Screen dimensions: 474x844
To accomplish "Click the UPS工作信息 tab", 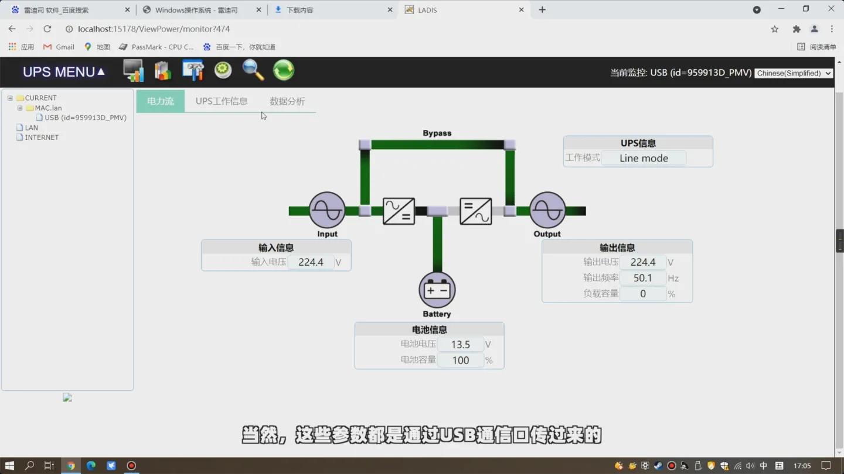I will [222, 101].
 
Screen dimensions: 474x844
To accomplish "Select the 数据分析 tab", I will [287, 101].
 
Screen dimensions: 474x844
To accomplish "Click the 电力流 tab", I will [160, 101].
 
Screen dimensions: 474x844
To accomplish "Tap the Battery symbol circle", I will [437, 290].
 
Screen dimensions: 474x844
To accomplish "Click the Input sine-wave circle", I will [327, 210].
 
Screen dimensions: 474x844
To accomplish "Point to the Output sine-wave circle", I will [547, 210].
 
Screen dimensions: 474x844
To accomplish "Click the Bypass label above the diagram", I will [437, 133].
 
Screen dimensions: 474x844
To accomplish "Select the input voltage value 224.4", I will [311, 262].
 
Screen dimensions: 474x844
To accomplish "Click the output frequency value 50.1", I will [642, 278].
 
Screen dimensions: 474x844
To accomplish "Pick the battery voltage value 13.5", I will [460, 345].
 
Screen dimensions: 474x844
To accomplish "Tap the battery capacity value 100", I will [460, 360].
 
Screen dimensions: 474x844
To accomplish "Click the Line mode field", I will [644, 158].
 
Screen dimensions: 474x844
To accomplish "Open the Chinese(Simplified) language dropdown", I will [794, 73].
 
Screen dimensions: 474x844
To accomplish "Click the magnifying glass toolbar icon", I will [253, 70].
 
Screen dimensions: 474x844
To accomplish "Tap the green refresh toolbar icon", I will [284, 70].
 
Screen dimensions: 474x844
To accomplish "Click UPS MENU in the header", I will [63, 72].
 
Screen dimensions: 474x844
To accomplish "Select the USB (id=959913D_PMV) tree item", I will [86, 118].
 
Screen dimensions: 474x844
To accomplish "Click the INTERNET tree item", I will [42, 138].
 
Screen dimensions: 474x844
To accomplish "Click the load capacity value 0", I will [642, 294].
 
